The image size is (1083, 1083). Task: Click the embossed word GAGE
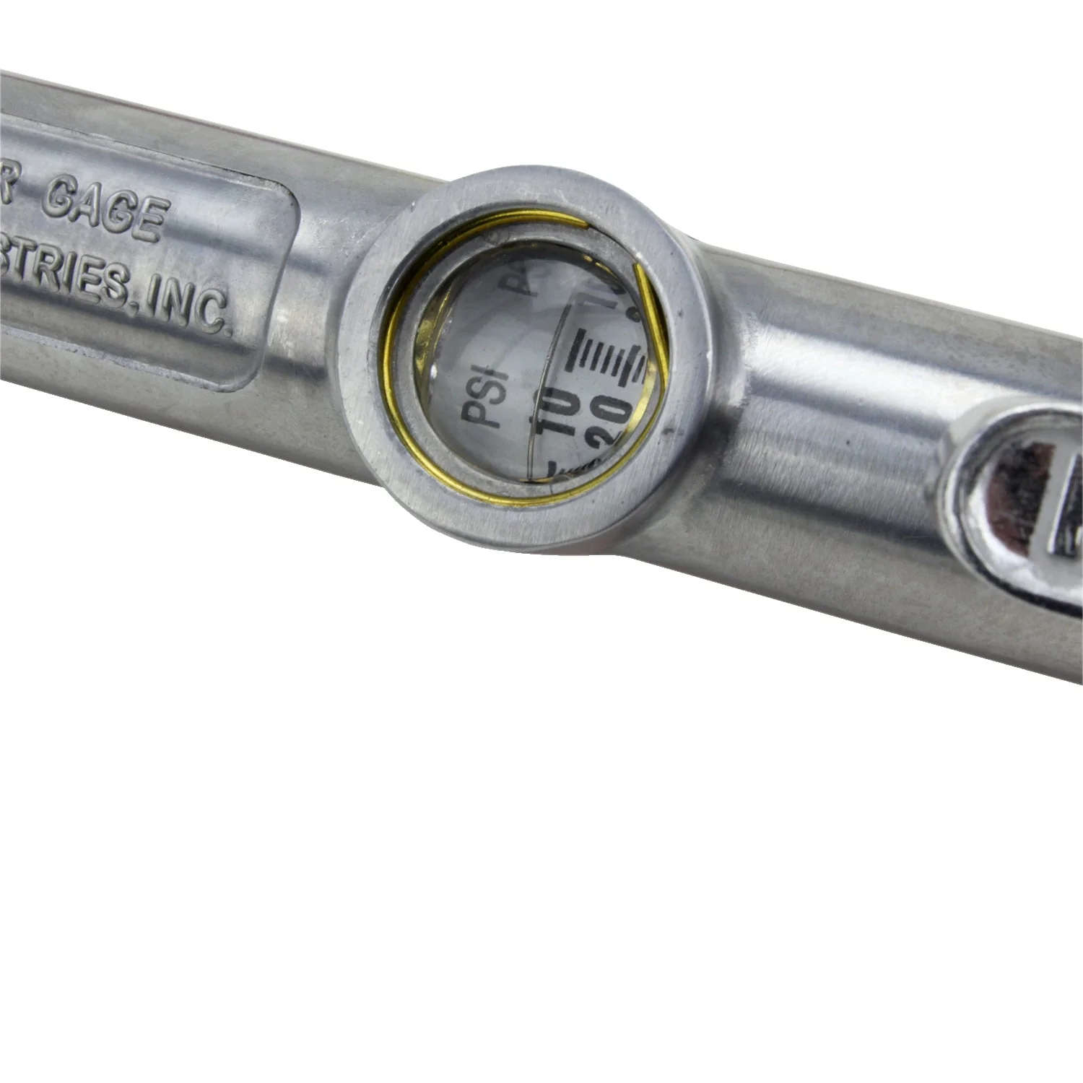104,209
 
